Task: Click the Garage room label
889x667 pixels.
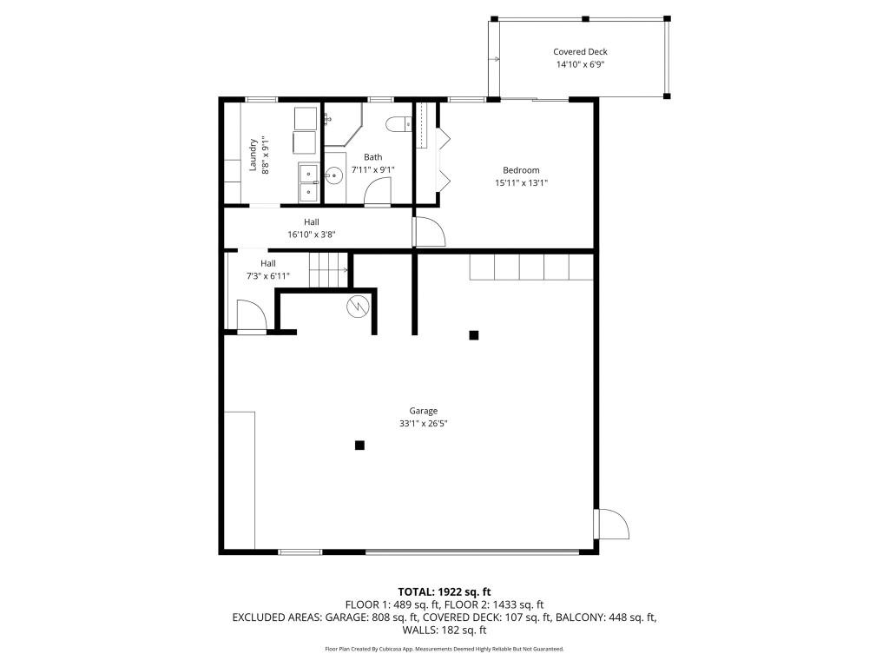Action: tap(424, 411)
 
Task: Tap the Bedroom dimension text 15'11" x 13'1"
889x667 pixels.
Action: tap(521, 182)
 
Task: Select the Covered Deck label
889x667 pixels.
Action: tap(580, 52)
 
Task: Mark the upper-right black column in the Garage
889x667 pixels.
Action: tap(473, 335)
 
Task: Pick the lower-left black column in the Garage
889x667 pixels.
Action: tap(359, 446)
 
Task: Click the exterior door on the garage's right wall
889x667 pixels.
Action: tap(611, 525)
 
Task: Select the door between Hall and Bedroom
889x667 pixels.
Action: tap(430, 231)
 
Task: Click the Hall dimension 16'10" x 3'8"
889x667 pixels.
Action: tap(311, 234)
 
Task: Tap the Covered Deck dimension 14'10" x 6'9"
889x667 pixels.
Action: tap(580, 65)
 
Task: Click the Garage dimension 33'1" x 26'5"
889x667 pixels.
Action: tap(424, 424)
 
